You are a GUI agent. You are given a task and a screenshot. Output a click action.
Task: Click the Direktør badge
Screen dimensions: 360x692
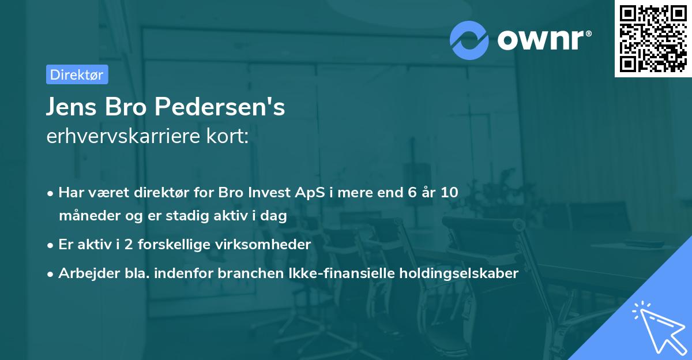(77, 74)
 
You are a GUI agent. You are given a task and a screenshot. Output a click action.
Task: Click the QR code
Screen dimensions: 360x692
(652, 38)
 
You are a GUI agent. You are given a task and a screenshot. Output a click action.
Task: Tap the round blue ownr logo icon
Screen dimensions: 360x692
(469, 40)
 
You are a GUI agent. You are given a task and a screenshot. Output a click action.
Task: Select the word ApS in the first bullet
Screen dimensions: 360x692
(315, 193)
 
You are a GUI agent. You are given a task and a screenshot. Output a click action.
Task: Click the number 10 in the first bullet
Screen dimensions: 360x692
(449, 193)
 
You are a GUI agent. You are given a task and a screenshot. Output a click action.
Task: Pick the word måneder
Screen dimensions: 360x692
(85, 216)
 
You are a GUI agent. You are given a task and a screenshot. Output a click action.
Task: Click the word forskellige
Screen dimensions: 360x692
(174, 245)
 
